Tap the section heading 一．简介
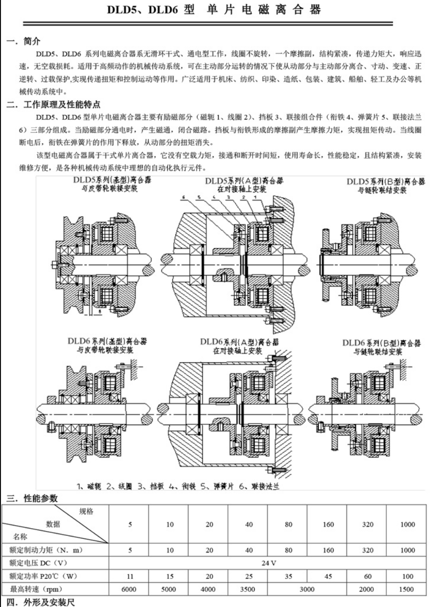click(20, 44)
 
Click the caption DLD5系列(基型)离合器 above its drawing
click(108, 181)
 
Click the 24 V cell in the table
click(261, 563)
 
